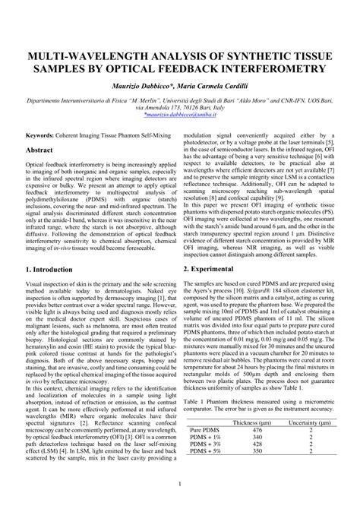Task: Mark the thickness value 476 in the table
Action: click(253, 429)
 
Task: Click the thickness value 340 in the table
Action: click(253, 438)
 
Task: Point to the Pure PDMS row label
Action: click(203, 429)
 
